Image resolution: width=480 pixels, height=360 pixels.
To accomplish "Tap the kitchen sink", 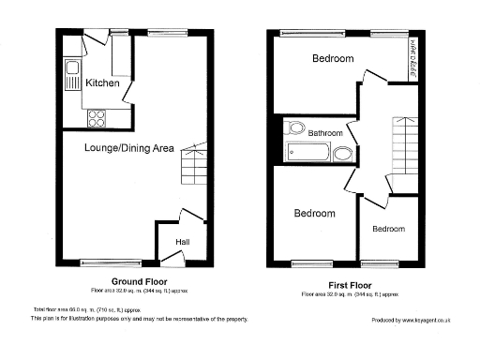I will [x=70, y=67].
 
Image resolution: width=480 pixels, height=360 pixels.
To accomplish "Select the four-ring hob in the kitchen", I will [x=96, y=117].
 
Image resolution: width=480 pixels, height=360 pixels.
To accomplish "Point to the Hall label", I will [x=183, y=243].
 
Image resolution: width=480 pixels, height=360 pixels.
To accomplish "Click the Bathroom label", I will [x=325, y=133].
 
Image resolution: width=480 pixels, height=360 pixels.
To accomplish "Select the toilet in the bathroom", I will [x=297, y=128].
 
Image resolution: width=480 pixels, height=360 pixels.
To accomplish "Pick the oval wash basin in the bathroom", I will [x=344, y=154].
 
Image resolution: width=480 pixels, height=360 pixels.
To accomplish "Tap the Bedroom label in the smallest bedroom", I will [x=388, y=229].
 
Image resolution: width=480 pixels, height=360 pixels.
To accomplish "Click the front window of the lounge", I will [x=111, y=262].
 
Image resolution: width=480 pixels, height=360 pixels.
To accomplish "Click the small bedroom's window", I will [x=386, y=262].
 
